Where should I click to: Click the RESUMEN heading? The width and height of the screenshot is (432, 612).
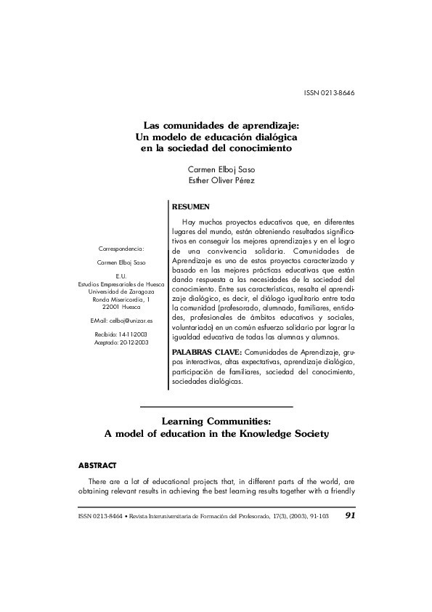coord(190,207)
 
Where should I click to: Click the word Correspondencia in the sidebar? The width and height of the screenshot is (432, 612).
coord(121,249)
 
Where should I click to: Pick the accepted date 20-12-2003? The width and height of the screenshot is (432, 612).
coord(131,341)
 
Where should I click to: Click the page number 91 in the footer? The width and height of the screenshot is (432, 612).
coord(350,515)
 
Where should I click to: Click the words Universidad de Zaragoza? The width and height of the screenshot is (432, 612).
coord(121,291)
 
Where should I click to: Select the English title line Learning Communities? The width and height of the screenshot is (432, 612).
coord(216,420)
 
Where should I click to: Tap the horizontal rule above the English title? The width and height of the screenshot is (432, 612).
coord(216,406)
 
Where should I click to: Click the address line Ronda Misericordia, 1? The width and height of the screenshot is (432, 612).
coord(121,299)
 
